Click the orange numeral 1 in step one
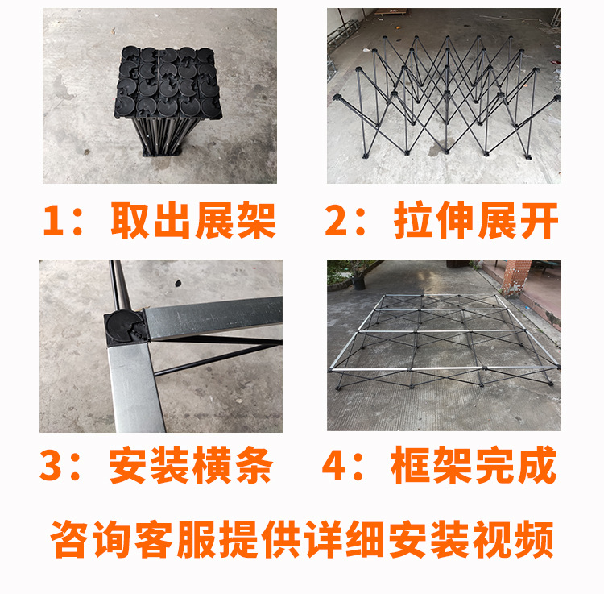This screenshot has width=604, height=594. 53,220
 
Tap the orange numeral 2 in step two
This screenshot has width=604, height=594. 337,220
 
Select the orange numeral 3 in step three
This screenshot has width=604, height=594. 51,465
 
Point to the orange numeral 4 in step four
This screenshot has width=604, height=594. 333,465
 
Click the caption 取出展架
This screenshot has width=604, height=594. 193,220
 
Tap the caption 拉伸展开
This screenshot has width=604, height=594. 476,220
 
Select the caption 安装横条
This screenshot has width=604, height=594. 191,465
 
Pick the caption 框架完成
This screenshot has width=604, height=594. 474,465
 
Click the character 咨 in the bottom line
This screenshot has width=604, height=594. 68,539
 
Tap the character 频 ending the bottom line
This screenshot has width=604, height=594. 534,539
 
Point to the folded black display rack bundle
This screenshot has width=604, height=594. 168,101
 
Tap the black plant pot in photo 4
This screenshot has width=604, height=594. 358,283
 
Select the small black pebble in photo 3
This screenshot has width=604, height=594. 178,284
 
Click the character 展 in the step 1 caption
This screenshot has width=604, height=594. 214,220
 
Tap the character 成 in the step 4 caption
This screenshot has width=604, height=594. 537,465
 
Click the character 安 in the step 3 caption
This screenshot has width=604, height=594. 127,465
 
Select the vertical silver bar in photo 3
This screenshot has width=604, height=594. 135,387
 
